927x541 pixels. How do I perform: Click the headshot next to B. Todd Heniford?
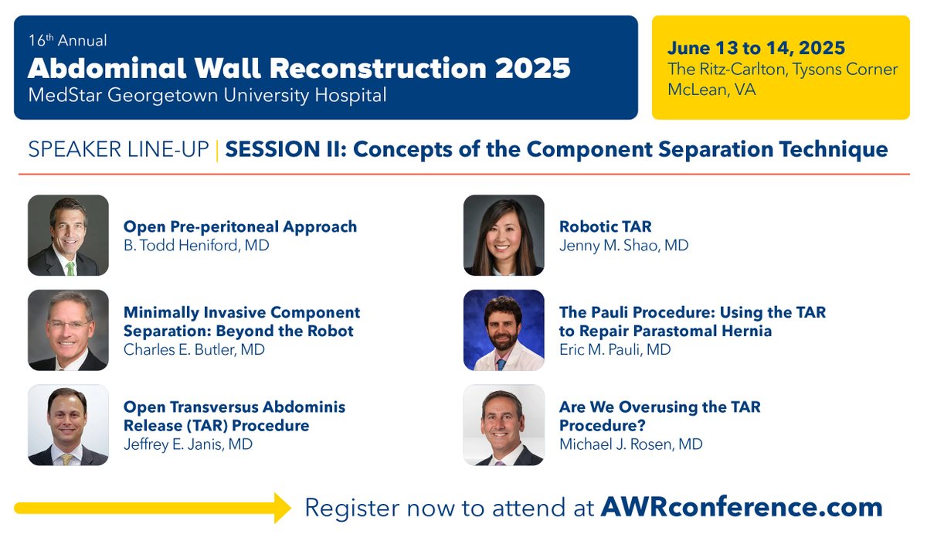coord(68,235)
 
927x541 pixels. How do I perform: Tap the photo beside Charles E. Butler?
coord(68,330)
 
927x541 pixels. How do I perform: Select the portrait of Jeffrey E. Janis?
coord(68,425)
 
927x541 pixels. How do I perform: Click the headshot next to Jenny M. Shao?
coord(504,235)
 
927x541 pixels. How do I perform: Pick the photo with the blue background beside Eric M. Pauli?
coord(504,330)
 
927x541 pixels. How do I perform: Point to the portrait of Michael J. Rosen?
coord(504,425)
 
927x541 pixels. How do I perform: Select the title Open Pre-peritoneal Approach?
coord(240,226)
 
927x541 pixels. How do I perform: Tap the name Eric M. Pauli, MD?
coord(615,349)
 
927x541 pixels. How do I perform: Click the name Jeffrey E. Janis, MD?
coord(188,444)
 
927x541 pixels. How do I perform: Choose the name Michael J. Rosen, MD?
coord(631,444)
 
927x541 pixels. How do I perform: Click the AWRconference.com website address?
coord(742,507)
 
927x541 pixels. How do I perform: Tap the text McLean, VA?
coord(711,90)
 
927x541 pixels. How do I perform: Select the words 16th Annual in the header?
coord(67,41)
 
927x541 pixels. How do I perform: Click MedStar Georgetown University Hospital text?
coord(207,96)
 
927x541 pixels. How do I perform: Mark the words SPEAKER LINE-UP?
coord(118,148)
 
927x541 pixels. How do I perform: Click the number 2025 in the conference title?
coord(529,68)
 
